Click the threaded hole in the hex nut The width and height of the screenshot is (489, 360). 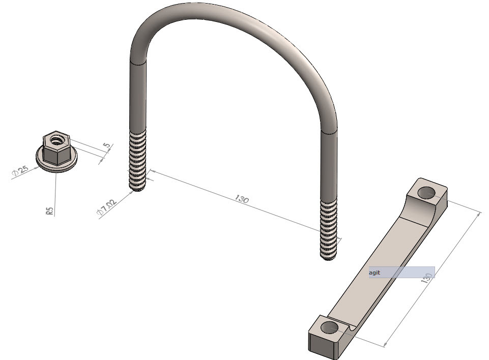click(55, 137)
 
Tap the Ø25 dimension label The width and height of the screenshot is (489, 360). click(20, 171)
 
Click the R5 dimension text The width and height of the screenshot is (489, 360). click(50, 211)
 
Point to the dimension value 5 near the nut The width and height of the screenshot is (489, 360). click(106, 146)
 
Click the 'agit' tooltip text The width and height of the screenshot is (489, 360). click(375, 273)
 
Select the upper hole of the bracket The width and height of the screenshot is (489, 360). click(426, 192)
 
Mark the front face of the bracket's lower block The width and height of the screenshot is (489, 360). click(321, 346)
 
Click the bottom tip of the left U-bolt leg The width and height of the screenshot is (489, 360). click(138, 190)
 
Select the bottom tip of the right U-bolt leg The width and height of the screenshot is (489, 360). click(329, 258)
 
